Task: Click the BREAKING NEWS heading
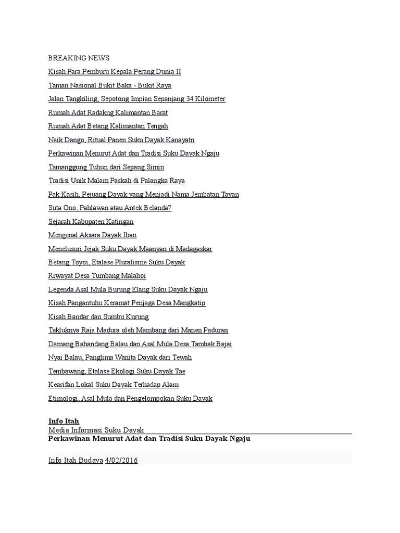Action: pos(79,58)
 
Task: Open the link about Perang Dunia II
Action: pos(115,72)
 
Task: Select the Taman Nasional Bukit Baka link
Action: pos(109,85)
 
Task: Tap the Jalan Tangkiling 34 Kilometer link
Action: pos(136,99)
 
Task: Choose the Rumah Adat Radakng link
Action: pos(108,112)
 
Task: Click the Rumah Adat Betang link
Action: pos(108,126)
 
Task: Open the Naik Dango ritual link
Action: pos(121,140)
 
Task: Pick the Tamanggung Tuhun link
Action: pos(106,167)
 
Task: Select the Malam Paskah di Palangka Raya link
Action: pos(116,181)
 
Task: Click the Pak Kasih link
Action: pos(143,194)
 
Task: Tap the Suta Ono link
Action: pos(109,208)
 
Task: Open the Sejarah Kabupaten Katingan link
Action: pos(91,222)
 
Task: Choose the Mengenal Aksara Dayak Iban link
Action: pos(92,235)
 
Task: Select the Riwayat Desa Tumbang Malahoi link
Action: pos(97,276)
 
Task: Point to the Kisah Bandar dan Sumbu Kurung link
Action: pos(98,316)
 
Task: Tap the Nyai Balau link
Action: pos(120,358)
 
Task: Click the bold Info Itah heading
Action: pos(64,421)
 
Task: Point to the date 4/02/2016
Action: pos(121,461)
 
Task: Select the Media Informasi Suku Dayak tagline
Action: pos(96,430)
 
